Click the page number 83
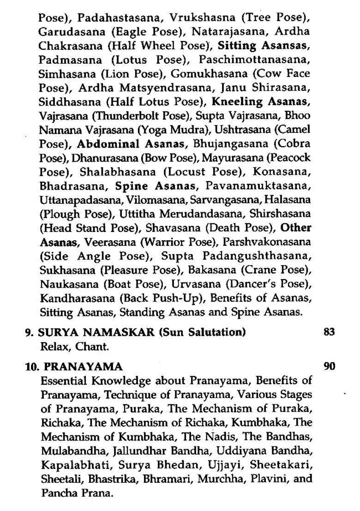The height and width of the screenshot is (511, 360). point(329,332)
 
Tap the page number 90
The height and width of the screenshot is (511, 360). point(329,367)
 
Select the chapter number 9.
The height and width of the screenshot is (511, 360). point(28,332)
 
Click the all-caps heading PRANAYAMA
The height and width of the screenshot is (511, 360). point(84,367)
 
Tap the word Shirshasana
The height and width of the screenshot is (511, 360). point(281,214)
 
